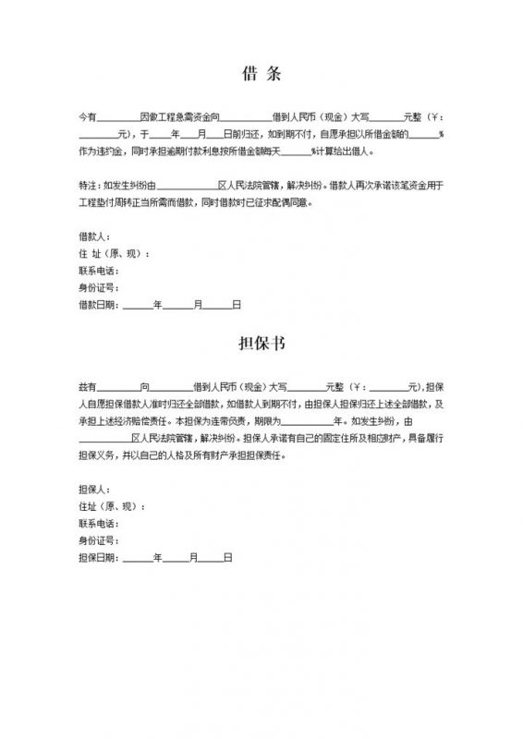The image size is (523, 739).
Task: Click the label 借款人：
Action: (x=95, y=237)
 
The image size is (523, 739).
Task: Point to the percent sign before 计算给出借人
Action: (x=313, y=151)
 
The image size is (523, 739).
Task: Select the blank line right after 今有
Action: (x=118, y=118)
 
